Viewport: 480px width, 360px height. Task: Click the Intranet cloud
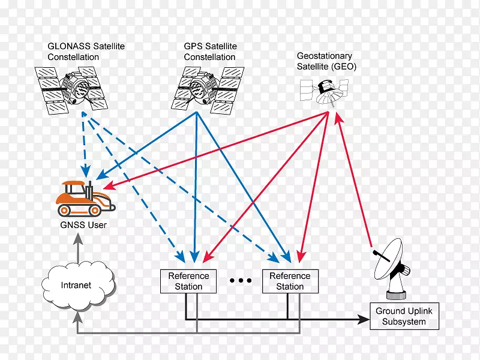[76, 286]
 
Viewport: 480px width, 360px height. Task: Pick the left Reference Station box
[188, 281]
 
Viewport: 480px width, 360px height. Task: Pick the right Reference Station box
[290, 281]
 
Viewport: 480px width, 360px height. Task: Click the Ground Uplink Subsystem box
[408, 316]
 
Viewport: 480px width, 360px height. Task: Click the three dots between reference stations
[240, 281]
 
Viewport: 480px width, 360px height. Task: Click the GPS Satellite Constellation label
[210, 52]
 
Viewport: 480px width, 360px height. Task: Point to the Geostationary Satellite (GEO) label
[326, 62]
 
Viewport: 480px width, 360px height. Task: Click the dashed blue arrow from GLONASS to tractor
[86, 144]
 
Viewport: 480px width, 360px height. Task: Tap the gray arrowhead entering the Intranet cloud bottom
[76, 314]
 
